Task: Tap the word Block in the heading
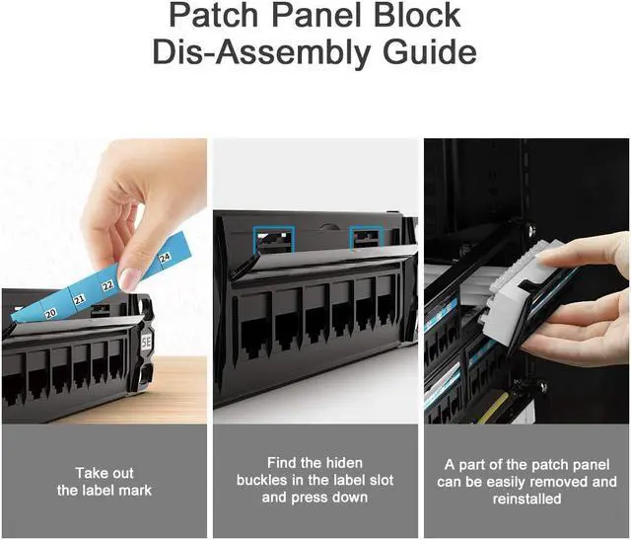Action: pos(408,15)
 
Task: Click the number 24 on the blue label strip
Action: pos(165,258)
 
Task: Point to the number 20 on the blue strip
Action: pos(49,312)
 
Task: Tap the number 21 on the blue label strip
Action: pos(79,298)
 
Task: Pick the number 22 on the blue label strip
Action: pos(106,285)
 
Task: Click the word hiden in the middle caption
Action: pos(343,463)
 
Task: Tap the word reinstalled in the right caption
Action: pos(526,500)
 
